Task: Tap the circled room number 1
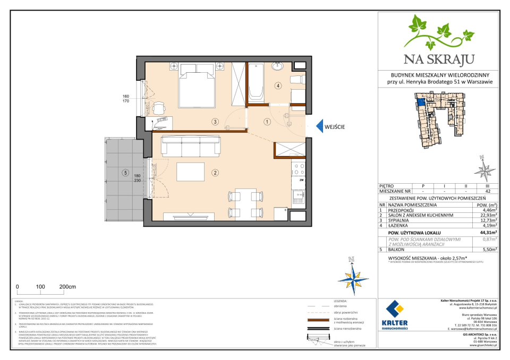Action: click(267, 121)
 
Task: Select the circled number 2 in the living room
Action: click(215, 172)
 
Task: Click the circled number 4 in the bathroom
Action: click(277, 85)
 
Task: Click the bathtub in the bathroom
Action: click(257, 82)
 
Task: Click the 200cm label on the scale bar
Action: click(67, 286)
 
